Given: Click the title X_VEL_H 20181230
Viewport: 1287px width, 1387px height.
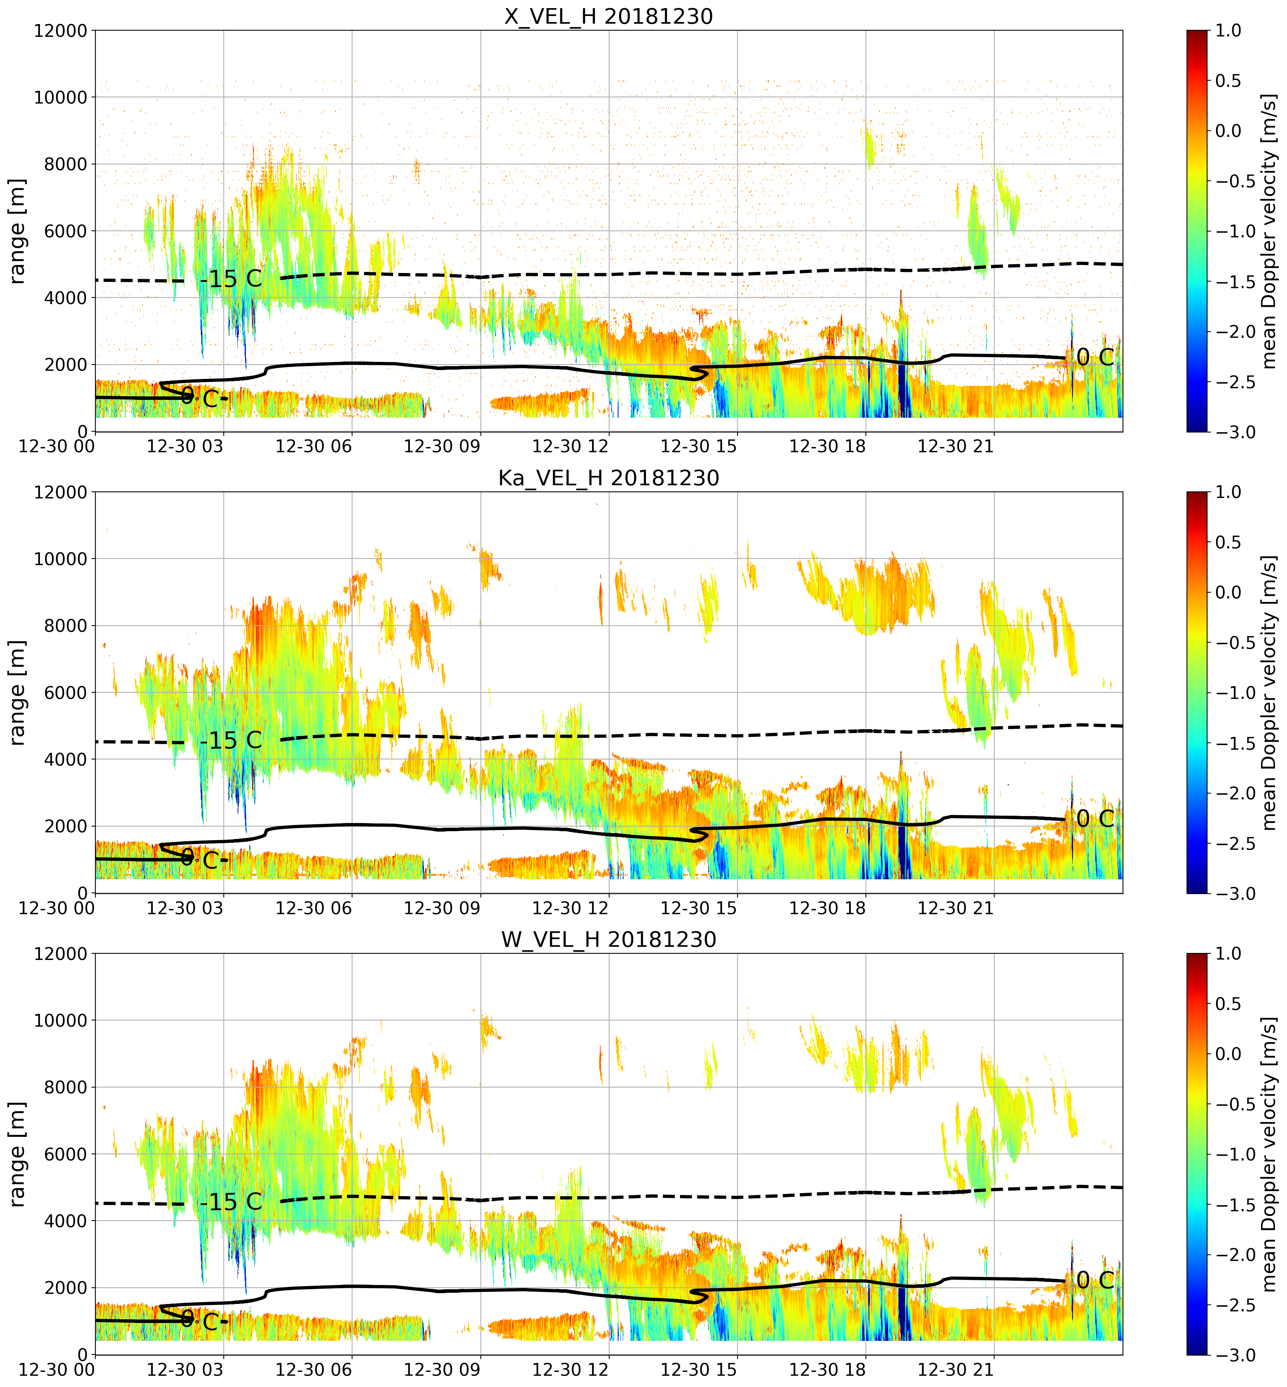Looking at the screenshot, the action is (x=609, y=16).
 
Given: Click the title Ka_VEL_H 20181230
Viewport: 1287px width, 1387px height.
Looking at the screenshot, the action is (x=609, y=478).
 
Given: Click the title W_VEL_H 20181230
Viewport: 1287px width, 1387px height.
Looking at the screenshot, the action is (x=609, y=940).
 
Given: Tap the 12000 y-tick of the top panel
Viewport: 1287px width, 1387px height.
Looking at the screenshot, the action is (x=60, y=31).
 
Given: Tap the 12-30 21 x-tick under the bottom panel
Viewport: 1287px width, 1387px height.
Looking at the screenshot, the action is (x=955, y=1370).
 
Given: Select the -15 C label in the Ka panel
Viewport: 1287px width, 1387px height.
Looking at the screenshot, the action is (x=231, y=740).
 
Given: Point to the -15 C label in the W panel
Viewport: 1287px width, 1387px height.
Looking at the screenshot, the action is (x=231, y=1202).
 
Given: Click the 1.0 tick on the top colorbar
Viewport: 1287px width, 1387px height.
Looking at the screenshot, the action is (x=1228, y=31).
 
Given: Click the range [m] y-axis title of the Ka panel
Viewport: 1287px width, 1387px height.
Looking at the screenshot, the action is (x=17, y=692).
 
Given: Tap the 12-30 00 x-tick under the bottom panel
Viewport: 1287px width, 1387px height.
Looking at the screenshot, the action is (x=57, y=1370).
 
